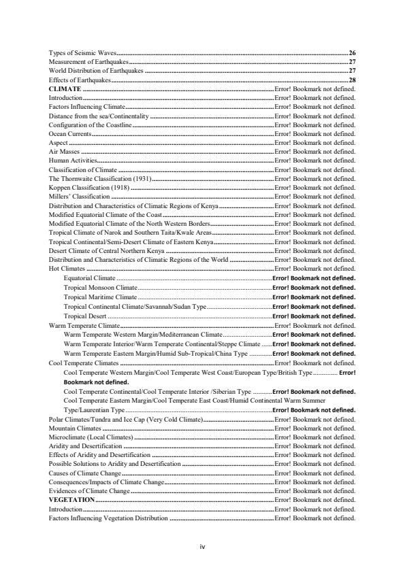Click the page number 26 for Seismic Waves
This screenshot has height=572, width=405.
coord(352,52)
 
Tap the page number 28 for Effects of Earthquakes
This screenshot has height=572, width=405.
coord(352,80)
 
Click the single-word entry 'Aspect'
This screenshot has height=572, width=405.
coord(59,144)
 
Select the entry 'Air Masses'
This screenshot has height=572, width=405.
coord(65,152)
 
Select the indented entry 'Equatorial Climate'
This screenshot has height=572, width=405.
coord(89,278)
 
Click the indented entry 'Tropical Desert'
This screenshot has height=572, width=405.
coord(85,316)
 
